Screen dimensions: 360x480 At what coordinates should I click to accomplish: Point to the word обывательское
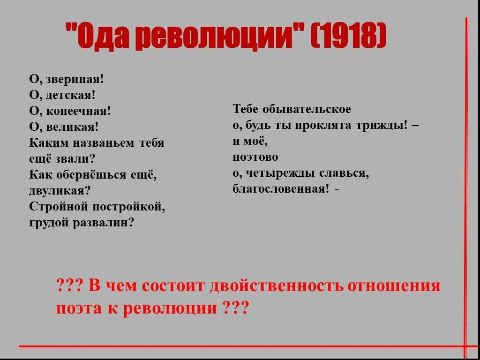tap(307, 109)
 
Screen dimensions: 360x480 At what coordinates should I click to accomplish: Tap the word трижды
tap(384, 125)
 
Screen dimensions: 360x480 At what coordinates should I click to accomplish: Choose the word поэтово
tap(255, 157)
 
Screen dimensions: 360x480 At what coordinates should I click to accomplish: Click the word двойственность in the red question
tap(277, 285)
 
